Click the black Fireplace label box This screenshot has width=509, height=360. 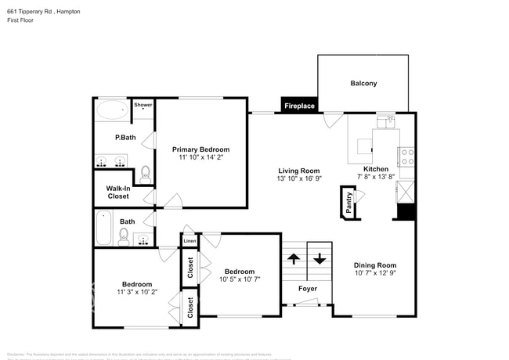299,106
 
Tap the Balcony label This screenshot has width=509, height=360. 363,84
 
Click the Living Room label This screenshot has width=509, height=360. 299,171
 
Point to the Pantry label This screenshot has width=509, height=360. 348,202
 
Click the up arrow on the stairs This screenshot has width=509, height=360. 294,257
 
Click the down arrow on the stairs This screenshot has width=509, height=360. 319,257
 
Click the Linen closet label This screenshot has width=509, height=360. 190,241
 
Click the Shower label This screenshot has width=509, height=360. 143,104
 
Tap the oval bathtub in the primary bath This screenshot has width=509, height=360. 112,110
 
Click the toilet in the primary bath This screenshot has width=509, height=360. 145,175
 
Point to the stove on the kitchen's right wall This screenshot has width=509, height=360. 408,157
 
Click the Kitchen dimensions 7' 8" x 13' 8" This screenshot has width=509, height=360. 375,178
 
